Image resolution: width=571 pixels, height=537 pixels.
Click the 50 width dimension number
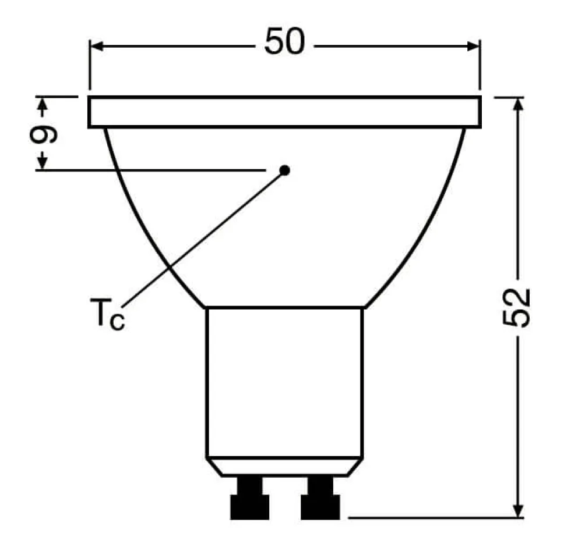284,41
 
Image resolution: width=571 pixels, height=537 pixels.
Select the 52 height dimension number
516,308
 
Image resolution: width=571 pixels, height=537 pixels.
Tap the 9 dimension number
43,134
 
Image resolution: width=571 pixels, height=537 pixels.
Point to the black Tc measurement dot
284,170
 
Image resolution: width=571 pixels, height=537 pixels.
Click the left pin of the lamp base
250,498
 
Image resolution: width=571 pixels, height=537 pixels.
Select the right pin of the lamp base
320,498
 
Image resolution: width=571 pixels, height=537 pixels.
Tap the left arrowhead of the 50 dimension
97,46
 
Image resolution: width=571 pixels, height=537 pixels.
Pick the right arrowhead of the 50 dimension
473,46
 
